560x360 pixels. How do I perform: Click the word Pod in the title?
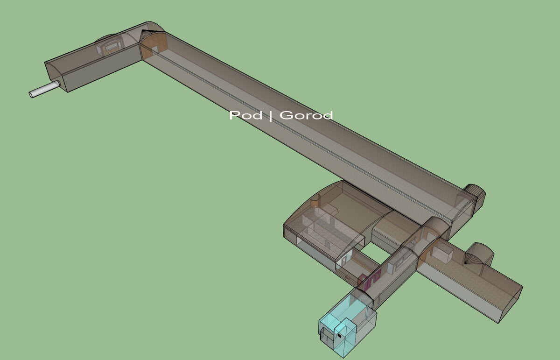[245, 116]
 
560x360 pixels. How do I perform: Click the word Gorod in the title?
[306, 115]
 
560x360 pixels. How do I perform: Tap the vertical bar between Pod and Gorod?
[271, 116]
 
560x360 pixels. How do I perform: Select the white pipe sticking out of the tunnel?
[44, 89]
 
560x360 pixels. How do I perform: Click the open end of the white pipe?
[31, 95]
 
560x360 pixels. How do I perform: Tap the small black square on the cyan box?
[339, 335]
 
